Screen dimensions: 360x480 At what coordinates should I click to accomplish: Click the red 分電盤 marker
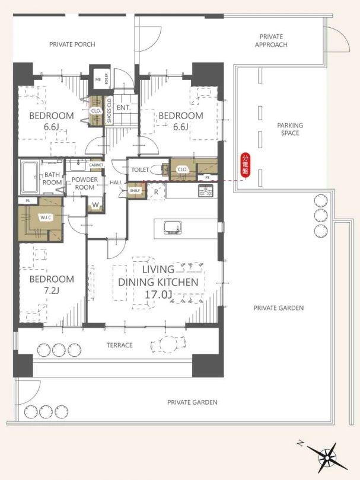point(246,165)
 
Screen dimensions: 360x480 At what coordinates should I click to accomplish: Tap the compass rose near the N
point(327,457)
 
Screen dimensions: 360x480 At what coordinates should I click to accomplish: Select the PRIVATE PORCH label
point(72,44)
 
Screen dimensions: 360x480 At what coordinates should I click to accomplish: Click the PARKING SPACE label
point(290,129)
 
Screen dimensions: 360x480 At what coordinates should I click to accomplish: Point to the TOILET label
point(140,169)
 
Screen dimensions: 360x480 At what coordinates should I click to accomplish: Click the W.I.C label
point(46,217)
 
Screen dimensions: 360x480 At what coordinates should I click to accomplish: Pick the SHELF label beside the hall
point(135,191)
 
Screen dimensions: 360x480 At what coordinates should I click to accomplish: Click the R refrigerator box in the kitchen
point(156,192)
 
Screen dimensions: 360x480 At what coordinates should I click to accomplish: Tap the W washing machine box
point(95,205)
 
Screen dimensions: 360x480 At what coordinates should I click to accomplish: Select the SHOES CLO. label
point(109,110)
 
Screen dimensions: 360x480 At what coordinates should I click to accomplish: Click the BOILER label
point(106,79)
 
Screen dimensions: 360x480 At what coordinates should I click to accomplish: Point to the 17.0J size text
point(158,295)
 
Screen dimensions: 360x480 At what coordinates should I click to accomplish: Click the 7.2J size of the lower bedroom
point(51,290)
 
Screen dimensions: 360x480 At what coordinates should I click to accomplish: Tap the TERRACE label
point(119,345)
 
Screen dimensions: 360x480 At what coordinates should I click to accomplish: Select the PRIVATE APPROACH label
point(271,41)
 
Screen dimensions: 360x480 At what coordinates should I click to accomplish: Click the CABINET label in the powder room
point(96,165)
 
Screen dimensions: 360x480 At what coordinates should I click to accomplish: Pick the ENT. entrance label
point(124,108)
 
